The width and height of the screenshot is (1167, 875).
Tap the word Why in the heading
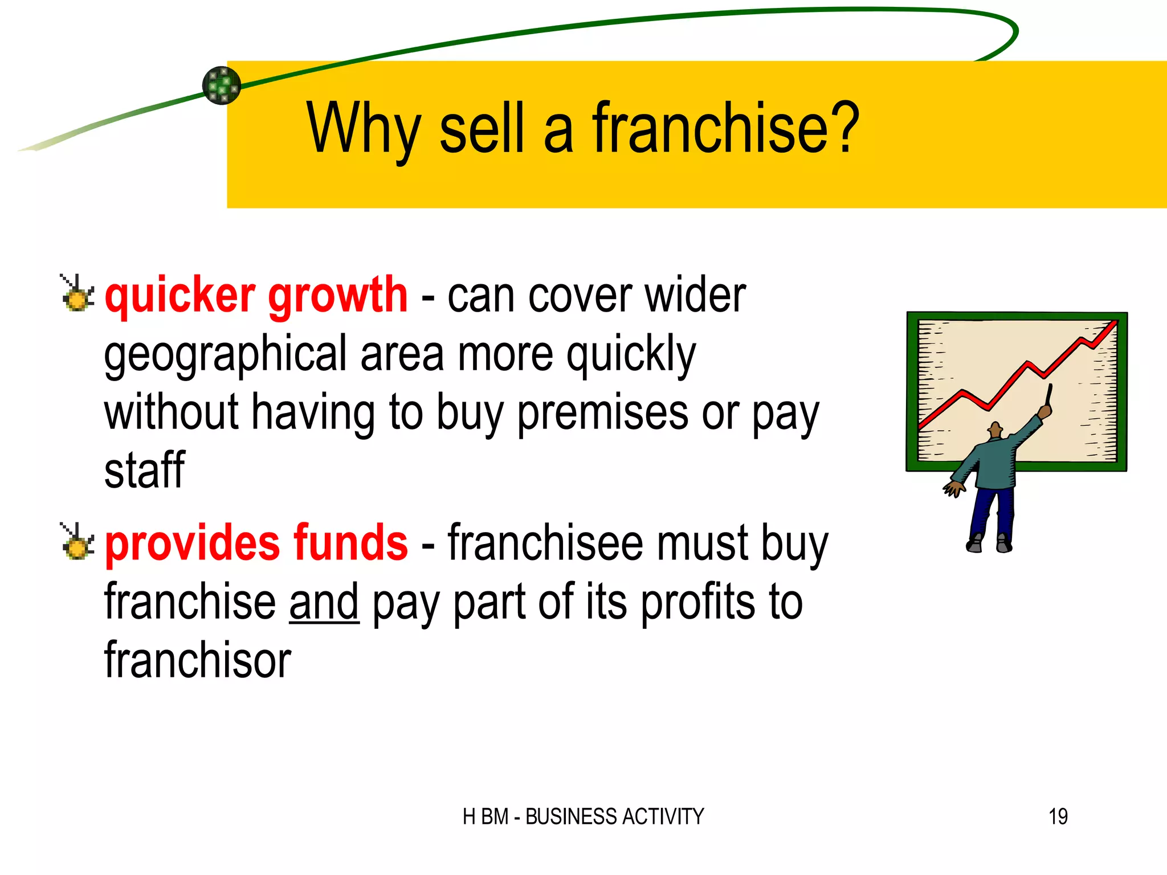pyautogui.click(x=363, y=129)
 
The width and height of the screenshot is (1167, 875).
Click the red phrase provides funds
pyautogui.click(x=256, y=543)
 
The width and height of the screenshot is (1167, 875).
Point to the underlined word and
pyautogui.click(x=324, y=602)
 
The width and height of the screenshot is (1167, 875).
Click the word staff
pyautogui.click(x=144, y=471)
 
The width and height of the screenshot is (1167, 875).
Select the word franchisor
pyautogui.click(x=198, y=661)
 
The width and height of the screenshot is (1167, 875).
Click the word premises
pyautogui.click(x=602, y=412)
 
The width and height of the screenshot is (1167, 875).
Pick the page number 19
pyautogui.click(x=1058, y=816)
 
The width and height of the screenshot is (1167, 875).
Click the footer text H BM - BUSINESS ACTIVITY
pyautogui.click(x=583, y=816)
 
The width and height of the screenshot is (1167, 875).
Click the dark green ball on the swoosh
pyautogui.click(x=222, y=85)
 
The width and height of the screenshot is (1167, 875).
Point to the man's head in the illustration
pyautogui.click(x=995, y=430)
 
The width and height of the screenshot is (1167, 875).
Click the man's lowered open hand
pyautogui.click(x=953, y=489)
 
